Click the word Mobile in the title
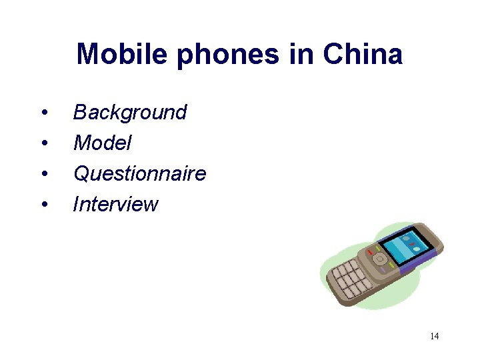(x=123, y=54)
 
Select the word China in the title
(x=363, y=54)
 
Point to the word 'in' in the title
(x=299, y=54)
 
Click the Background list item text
(x=130, y=112)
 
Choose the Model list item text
(x=102, y=143)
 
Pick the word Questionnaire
(x=139, y=174)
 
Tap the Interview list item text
(x=115, y=204)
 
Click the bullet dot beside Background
(x=43, y=113)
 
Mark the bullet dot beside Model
(x=43, y=143)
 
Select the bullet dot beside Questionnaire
(x=43, y=174)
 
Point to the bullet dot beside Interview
(x=43, y=205)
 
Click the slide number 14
(x=434, y=336)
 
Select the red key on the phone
(x=371, y=253)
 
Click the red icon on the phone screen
(x=412, y=245)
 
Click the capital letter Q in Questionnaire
(x=81, y=174)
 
